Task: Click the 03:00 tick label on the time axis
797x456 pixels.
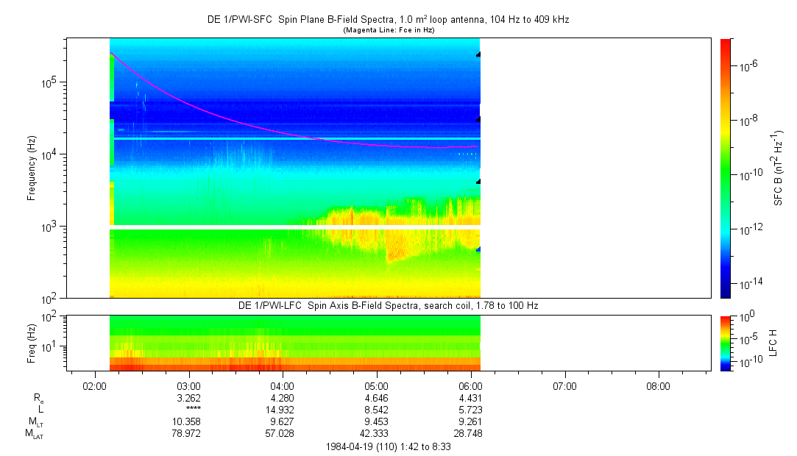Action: (189, 386)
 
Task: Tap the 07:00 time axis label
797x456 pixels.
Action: (564, 386)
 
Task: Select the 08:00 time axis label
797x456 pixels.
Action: (658, 386)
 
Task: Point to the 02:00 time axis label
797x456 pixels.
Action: (95, 386)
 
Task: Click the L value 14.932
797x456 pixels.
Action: (283, 410)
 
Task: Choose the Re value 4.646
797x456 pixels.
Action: (377, 398)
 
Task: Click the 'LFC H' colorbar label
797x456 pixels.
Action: (773, 343)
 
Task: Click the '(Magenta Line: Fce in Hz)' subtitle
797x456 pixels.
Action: (388, 30)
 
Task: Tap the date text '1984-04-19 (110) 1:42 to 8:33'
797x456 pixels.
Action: (388, 446)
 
